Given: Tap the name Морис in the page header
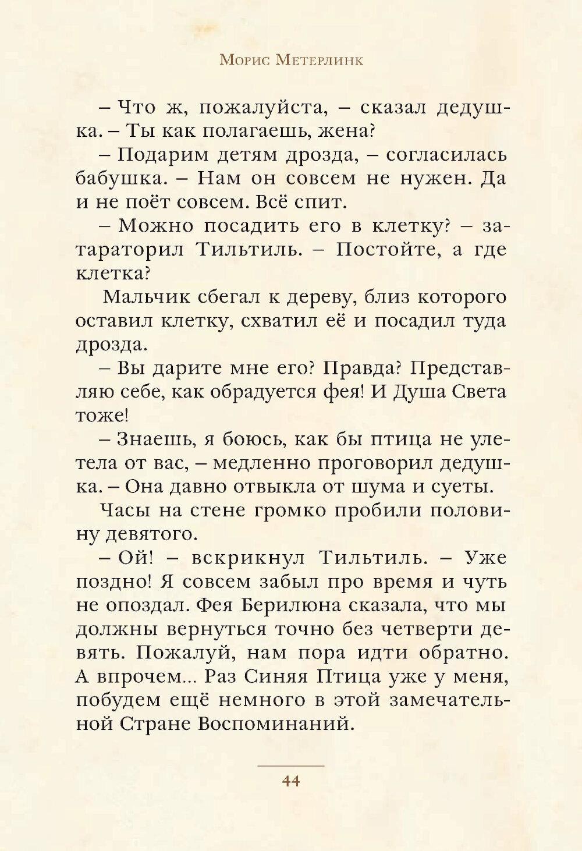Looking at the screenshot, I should click(x=242, y=61).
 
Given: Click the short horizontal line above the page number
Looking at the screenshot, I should click(x=290, y=765).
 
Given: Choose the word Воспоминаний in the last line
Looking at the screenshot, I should click(x=275, y=724).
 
